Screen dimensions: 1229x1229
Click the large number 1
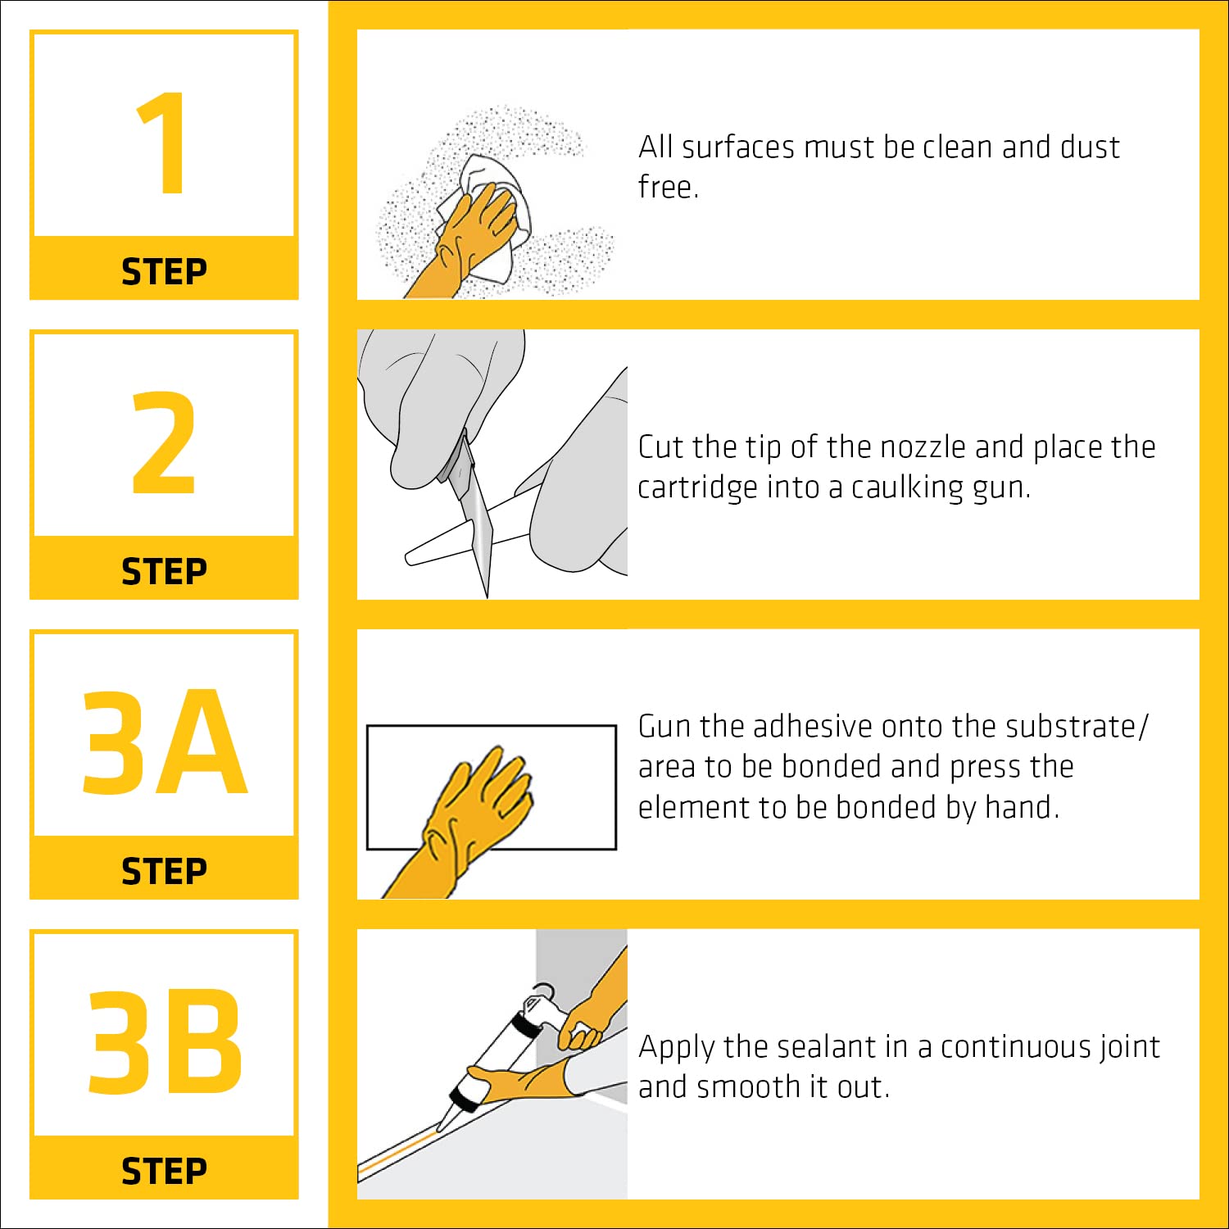(x=163, y=143)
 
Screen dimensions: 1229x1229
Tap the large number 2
(x=164, y=443)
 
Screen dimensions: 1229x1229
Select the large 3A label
(x=164, y=742)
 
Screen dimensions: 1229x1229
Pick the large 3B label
(x=165, y=1042)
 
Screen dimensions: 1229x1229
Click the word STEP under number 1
(x=164, y=271)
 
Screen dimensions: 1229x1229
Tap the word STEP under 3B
(x=164, y=1171)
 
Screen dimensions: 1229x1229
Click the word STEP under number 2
(x=164, y=571)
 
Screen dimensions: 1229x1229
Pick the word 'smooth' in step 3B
(x=749, y=1087)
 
